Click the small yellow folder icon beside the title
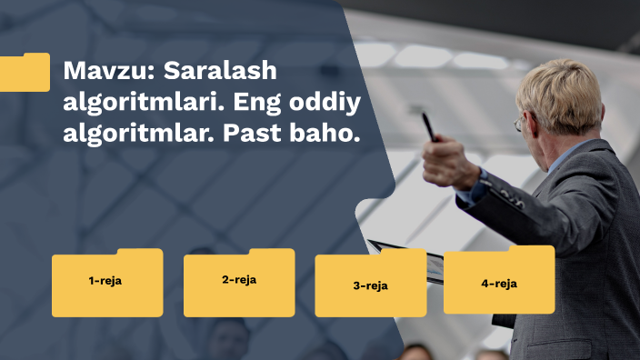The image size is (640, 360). coord(25,73)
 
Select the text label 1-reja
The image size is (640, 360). coord(105,281)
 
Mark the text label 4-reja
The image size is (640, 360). coord(499,284)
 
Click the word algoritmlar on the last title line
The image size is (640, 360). coord(126,134)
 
